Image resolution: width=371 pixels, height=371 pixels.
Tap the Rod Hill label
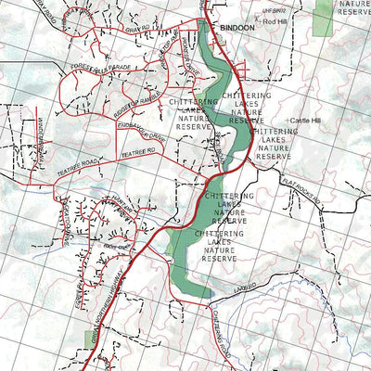pos(275,20)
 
